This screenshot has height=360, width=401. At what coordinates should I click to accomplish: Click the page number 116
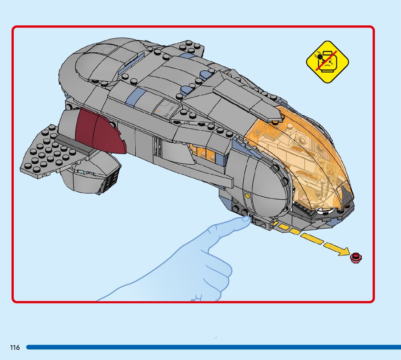(15, 348)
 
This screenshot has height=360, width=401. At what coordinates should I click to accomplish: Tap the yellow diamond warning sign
(327, 61)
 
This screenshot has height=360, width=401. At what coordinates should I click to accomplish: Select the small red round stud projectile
(356, 257)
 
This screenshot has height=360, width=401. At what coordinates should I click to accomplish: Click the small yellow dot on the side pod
(248, 196)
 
